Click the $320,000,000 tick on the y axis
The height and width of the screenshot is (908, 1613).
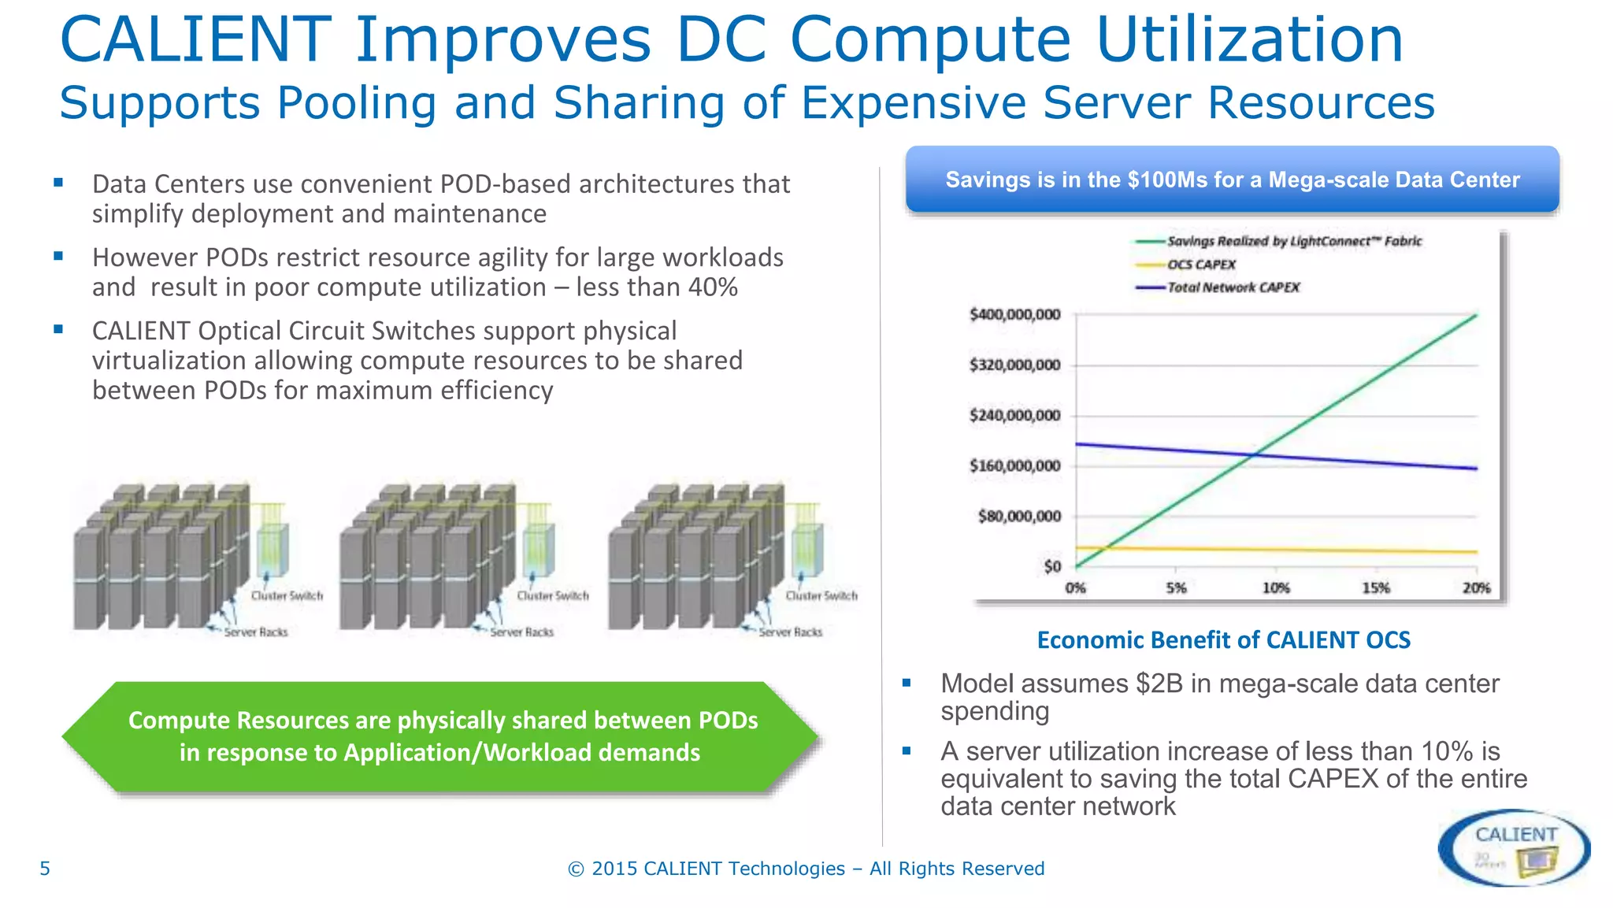(x=1014, y=365)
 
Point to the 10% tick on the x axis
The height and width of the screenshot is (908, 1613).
(x=1276, y=588)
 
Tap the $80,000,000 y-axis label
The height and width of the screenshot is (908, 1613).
(x=1019, y=516)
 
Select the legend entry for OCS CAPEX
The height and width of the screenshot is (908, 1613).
(x=1201, y=265)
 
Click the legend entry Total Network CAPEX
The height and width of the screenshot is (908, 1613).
(x=1233, y=287)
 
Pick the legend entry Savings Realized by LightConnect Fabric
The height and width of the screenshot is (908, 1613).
(x=1293, y=241)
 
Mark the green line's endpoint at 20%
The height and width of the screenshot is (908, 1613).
(x=1476, y=315)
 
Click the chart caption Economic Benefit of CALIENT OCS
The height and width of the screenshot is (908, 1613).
(x=1223, y=639)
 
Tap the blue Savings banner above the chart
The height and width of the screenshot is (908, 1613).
(x=1232, y=180)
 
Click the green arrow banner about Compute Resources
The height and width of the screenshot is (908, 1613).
(x=443, y=736)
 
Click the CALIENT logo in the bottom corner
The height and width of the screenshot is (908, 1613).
(x=1514, y=847)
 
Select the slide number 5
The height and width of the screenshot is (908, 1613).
(x=45, y=869)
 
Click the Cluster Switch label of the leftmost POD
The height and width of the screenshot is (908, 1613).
(x=287, y=596)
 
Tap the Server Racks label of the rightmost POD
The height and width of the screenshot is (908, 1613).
(x=790, y=632)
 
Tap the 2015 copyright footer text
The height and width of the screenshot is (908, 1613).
(x=806, y=869)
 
